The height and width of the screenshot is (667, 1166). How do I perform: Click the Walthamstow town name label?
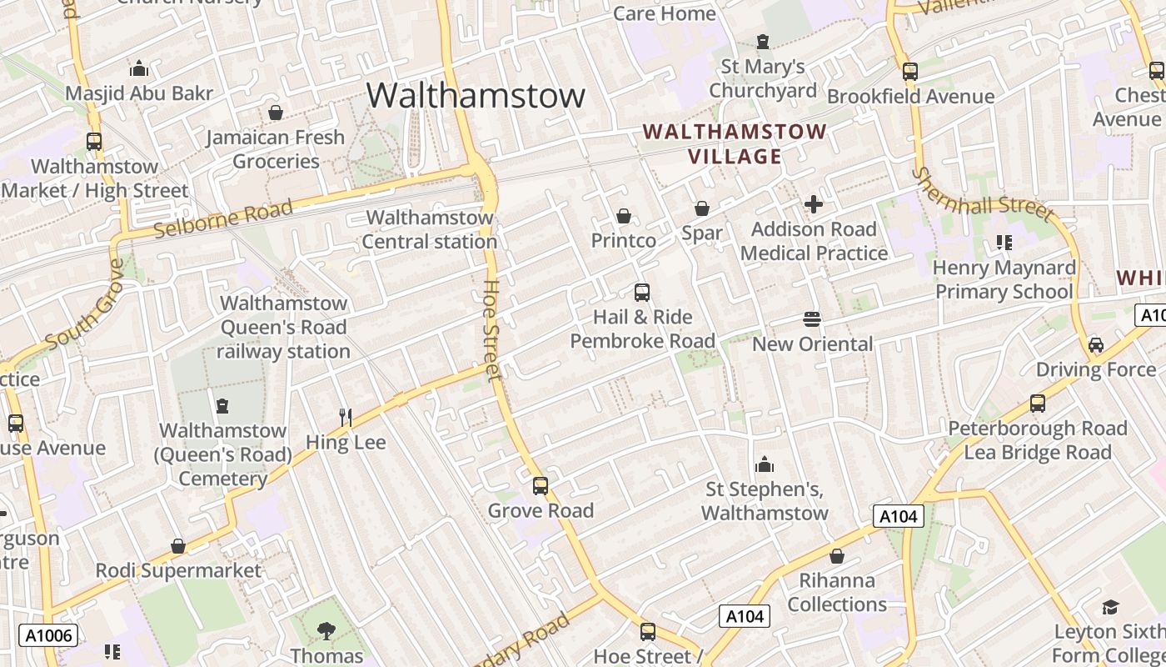tap(476, 95)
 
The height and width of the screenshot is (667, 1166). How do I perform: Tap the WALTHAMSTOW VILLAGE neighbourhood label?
tap(735, 143)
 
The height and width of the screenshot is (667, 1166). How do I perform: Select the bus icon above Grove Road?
tap(541, 485)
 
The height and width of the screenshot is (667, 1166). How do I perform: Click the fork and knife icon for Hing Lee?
tap(346, 417)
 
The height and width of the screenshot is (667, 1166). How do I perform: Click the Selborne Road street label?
tap(224, 218)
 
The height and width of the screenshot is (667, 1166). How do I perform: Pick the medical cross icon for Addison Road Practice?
tap(813, 204)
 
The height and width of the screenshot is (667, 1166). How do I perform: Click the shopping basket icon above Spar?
tap(702, 208)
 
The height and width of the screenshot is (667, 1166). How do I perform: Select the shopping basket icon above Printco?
tap(623, 216)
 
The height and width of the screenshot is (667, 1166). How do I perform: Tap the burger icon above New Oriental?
tap(812, 319)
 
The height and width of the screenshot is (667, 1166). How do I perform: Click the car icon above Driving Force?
tap(1096, 345)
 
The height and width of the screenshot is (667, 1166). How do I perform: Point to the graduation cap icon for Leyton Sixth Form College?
tap(1110, 607)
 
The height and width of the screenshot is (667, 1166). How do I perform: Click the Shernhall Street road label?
tap(982, 194)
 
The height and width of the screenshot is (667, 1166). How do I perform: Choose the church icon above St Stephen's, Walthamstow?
tap(764, 464)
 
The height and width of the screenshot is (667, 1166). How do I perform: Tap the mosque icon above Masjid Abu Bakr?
tap(139, 68)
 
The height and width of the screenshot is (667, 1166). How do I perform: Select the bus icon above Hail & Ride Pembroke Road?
tap(641, 293)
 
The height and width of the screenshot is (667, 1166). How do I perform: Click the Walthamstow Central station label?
tap(431, 229)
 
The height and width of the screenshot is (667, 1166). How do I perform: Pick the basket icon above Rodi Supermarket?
tap(177, 546)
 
